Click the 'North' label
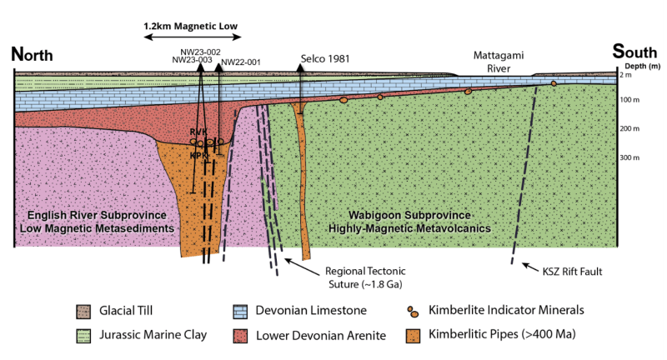click(32, 54)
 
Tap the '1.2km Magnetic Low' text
click(191, 26)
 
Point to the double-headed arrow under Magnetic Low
click(193, 37)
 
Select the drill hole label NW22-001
click(241, 62)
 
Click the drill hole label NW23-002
click(200, 52)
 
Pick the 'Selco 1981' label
click(325, 58)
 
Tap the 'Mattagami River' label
click(499, 62)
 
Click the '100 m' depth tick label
click(629, 100)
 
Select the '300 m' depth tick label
click(629, 157)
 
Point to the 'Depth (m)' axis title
click(642, 66)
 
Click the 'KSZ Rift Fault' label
click(572, 271)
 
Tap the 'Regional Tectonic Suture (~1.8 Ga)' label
click(365, 277)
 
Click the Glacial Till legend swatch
click(83, 312)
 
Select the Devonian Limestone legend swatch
click(240, 312)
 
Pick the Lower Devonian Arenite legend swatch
click(240, 336)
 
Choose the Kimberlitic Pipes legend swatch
click(413, 336)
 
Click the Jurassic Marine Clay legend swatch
click(83, 336)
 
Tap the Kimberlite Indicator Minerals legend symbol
click(413, 312)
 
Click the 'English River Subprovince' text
click(97, 215)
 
